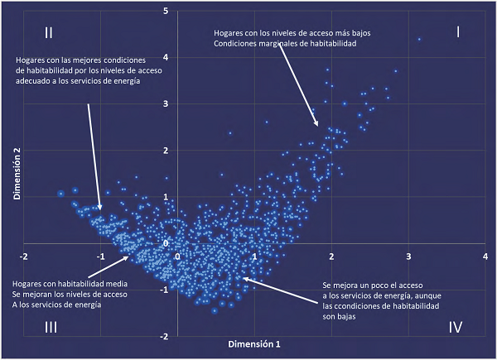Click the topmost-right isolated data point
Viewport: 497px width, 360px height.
420,39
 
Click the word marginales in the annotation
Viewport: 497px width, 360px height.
272,44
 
